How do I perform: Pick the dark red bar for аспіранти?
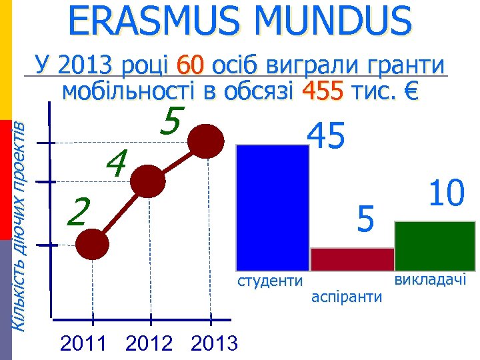coord(353,259)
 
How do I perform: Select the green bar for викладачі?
coord(435,246)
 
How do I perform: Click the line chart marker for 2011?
coord(92,245)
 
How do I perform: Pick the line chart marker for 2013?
coord(205,141)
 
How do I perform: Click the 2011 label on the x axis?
coord(83,344)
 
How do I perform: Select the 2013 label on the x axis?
coord(213,344)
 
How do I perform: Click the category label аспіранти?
coord(347,296)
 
